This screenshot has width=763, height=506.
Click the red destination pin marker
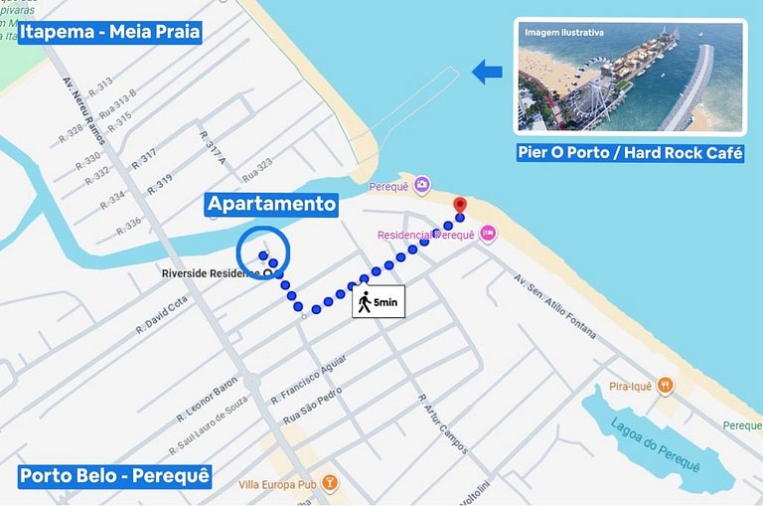459,206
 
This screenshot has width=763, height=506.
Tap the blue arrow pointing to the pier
487,72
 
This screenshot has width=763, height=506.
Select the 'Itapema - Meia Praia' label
109,33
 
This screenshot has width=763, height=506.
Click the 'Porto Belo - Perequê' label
115,476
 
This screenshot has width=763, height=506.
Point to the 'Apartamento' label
271,204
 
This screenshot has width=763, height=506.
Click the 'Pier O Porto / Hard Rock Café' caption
630,153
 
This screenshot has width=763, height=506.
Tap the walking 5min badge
379,301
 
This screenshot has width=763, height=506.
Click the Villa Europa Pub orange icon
330,483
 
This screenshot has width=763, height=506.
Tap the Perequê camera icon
422,184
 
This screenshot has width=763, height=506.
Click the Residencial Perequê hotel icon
488,233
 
